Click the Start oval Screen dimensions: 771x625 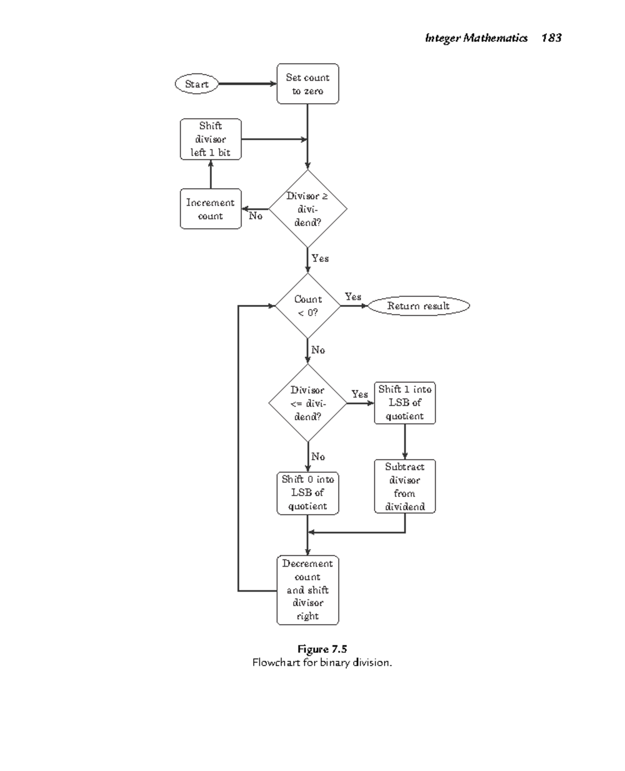click(x=196, y=84)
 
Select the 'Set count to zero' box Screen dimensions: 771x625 click(x=307, y=84)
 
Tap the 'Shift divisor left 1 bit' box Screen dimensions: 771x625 click(x=210, y=139)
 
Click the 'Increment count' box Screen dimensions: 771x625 click(x=210, y=209)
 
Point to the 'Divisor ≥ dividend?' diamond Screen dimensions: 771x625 click(x=307, y=209)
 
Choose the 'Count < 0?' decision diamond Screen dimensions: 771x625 click(x=307, y=306)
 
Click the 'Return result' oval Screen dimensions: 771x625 click(x=418, y=306)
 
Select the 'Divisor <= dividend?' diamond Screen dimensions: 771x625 click(x=307, y=403)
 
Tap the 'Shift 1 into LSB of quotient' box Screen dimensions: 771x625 click(x=405, y=403)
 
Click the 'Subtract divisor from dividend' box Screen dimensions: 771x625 click(x=405, y=486)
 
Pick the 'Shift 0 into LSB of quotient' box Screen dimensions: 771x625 click(x=307, y=493)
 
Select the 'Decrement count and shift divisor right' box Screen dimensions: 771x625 click(x=307, y=590)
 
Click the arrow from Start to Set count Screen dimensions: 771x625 click(x=247, y=84)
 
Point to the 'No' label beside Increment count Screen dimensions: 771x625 click(x=255, y=216)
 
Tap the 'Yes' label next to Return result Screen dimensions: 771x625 click(x=353, y=296)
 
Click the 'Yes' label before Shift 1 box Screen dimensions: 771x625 click(x=359, y=394)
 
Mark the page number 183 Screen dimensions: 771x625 click(x=551, y=38)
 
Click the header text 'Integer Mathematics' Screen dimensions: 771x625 click(x=476, y=38)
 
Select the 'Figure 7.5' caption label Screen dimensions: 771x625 click(x=322, y=649)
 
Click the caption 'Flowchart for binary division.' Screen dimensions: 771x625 click(x=322, y=663)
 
